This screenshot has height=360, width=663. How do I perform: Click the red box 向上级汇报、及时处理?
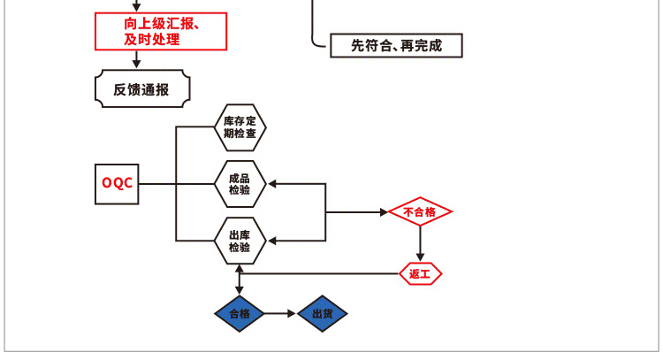(x=161, y=32)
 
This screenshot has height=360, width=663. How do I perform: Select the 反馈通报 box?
(x=141, y=88)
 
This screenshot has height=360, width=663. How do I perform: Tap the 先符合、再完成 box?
(x=396, y=46)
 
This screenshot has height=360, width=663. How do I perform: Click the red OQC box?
(x=117, y=184)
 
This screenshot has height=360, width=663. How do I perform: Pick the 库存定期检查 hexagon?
(x=240, y=126)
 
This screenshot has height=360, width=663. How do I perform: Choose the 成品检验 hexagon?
(x=240, y=184)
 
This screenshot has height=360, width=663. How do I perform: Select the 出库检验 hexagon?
(x=240, y=241)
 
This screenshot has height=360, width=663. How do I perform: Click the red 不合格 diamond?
(x=420, y=212)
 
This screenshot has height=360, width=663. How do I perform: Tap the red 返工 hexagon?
(x=420, y=274)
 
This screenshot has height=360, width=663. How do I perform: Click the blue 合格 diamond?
(x=240, y=314)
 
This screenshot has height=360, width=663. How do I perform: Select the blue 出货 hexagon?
(x=322, y=314)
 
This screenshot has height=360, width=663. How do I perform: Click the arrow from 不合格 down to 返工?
(x=420, y=242)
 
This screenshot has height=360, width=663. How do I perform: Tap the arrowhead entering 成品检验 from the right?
(x=272, y=184)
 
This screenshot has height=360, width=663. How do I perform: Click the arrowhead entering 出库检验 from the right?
(x=272, y=241)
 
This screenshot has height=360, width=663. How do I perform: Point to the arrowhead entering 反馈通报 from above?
(x=137, y=63)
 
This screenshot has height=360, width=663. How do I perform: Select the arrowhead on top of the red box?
(x=137, y=6)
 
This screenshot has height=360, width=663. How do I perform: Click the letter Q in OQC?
(x=117, y=184)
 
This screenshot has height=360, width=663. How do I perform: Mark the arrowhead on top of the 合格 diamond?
(x=240, y=290)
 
